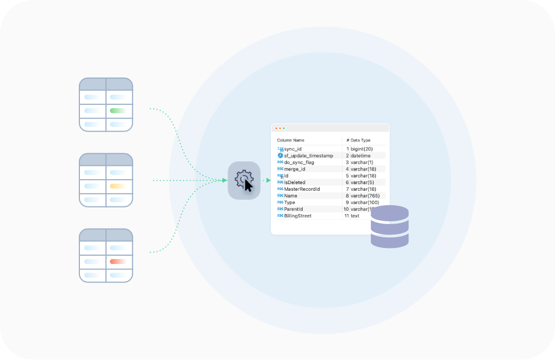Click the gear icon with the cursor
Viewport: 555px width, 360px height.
tap(244, 180)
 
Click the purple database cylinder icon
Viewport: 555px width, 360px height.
tap(390, 226)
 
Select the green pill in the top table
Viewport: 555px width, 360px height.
tap(118, 110)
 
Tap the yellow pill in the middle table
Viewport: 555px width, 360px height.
tap(118, 186)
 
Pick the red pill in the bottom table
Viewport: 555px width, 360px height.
tap(118, 261)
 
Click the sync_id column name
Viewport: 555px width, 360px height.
tap(293, 149)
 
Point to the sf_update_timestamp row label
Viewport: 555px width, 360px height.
tap(309, 156)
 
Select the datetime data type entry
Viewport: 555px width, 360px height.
tap(361, 156)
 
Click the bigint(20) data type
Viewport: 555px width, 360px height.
tap(362, 149)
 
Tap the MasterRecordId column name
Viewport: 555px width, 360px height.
tap(302, 189)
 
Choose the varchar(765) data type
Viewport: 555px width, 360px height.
tap(364, 196)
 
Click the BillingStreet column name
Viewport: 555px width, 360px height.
tap(298, 216)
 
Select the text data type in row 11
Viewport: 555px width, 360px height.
tap(355, 216)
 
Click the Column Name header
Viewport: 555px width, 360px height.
tap(291, 140)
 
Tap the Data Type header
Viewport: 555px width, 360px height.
tap(360, 140)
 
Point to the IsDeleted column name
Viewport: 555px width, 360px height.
tap(295, 182)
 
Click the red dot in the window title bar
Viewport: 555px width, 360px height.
tap(276, 129)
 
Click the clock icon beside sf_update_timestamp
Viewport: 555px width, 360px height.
tap(280, 156)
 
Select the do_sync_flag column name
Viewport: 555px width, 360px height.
tap(299, 163)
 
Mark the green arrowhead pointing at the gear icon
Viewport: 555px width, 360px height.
tap(224, 180)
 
